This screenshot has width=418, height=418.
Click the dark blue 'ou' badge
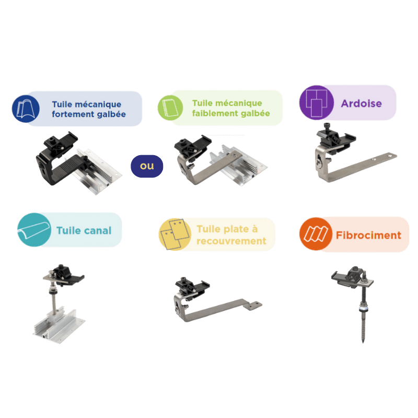147,166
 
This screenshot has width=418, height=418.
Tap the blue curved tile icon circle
26,109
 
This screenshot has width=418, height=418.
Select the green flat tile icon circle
170,108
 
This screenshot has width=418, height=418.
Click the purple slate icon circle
317,102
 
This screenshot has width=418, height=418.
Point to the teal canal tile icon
34,230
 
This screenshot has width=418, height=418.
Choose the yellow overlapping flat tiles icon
175,234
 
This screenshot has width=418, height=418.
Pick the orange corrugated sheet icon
316,234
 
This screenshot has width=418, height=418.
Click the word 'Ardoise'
361,103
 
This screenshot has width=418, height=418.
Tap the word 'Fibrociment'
368,235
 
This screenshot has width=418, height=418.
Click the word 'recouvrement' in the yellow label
231,241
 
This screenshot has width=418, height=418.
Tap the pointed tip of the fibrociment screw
363,342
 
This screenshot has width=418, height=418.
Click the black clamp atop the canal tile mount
65,275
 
